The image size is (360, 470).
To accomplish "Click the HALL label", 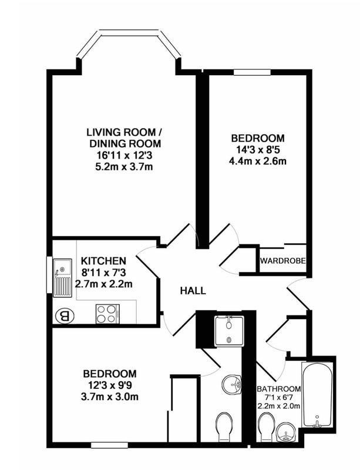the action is click(193, 290).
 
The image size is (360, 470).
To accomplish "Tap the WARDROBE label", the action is click(282, 261).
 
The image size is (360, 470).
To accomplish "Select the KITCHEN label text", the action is click(103, 261).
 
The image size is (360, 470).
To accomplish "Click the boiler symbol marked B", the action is click(65, 315).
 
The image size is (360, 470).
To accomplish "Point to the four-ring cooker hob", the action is click(107, 314).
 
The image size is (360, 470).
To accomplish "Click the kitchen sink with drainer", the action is click(63, 278).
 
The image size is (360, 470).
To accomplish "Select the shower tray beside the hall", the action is click(230, 331).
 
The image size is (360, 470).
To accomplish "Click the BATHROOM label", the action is click(279, 389).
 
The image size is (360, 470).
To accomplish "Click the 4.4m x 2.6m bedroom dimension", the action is click(257, 161).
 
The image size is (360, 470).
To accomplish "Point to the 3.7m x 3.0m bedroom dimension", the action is click(110, 397).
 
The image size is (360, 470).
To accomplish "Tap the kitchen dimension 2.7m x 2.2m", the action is click(103, 284).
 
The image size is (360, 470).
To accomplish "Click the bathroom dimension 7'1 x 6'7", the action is click(279, 398).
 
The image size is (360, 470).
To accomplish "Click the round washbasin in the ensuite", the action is click(232, 384).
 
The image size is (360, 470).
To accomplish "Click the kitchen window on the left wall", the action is click(49, 274).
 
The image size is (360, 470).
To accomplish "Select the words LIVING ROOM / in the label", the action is click(125, 132).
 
